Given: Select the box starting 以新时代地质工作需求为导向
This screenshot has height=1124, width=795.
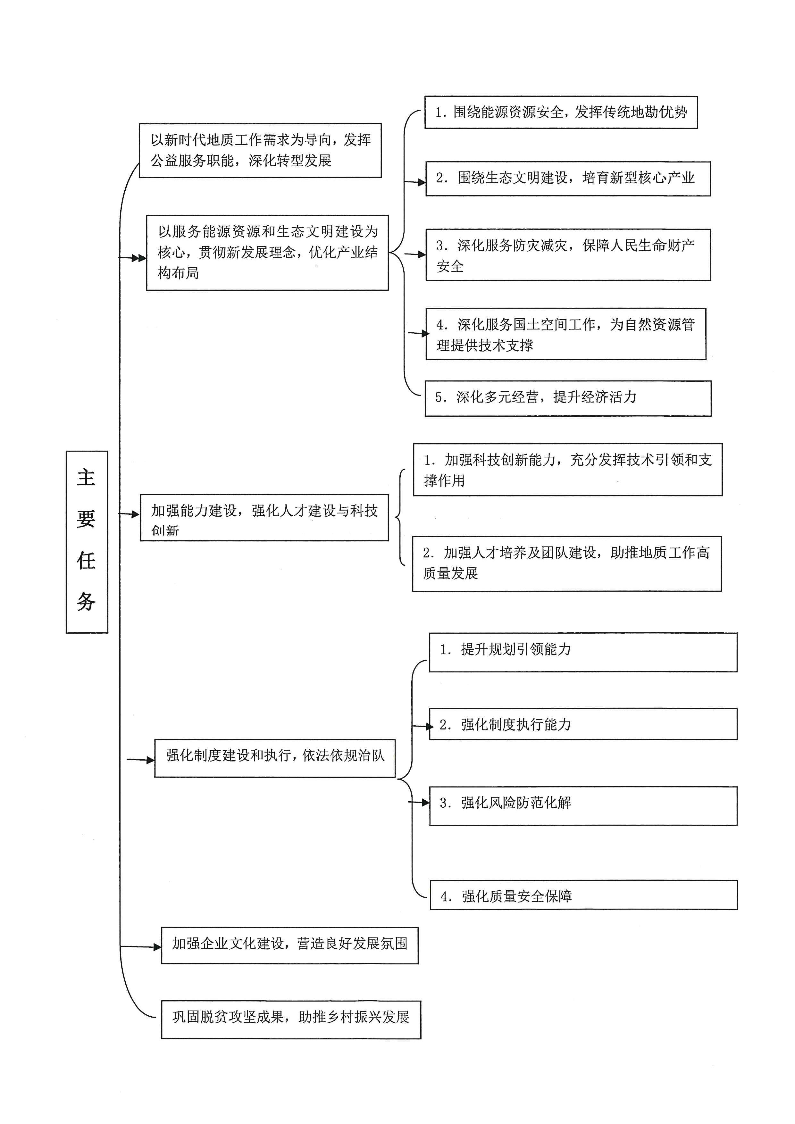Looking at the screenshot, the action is coord(260,150).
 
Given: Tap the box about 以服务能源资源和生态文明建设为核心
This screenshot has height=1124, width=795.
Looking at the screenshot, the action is coord(267,253).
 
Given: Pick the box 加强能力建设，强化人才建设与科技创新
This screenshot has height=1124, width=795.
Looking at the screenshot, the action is coord(264,518).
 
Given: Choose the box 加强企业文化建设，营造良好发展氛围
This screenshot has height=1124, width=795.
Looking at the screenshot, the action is coord(290,945).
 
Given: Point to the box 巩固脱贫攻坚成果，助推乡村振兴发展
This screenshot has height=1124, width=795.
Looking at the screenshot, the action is coord(291,1019).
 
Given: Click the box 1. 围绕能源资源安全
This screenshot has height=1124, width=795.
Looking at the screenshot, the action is coord(561,112).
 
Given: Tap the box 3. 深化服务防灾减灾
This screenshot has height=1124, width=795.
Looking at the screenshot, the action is coord(568,254).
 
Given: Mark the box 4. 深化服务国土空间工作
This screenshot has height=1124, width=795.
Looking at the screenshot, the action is coord(566,334).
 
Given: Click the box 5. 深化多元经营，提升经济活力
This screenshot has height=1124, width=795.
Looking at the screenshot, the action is coord(568,398).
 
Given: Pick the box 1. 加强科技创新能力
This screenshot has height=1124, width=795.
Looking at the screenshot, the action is coord(568,470).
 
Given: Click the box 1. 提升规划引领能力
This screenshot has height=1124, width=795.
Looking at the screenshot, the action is coord(583,652).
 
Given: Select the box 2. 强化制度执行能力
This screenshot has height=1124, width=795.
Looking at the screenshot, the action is coord(583,724).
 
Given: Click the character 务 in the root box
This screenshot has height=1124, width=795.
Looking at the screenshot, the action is coord(86,601).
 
